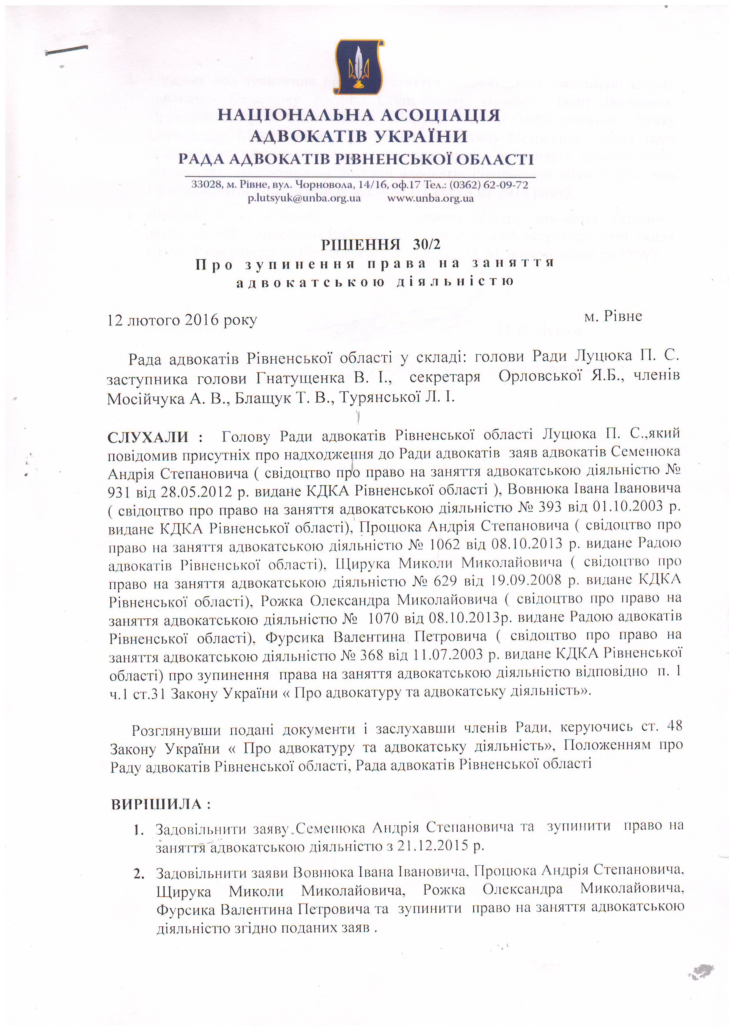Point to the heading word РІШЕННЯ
click(x=360, y=244)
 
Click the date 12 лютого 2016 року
click(x=182, y=320)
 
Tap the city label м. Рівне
click(x=613, y=316)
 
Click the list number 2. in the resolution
click(x=139, y=874)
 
